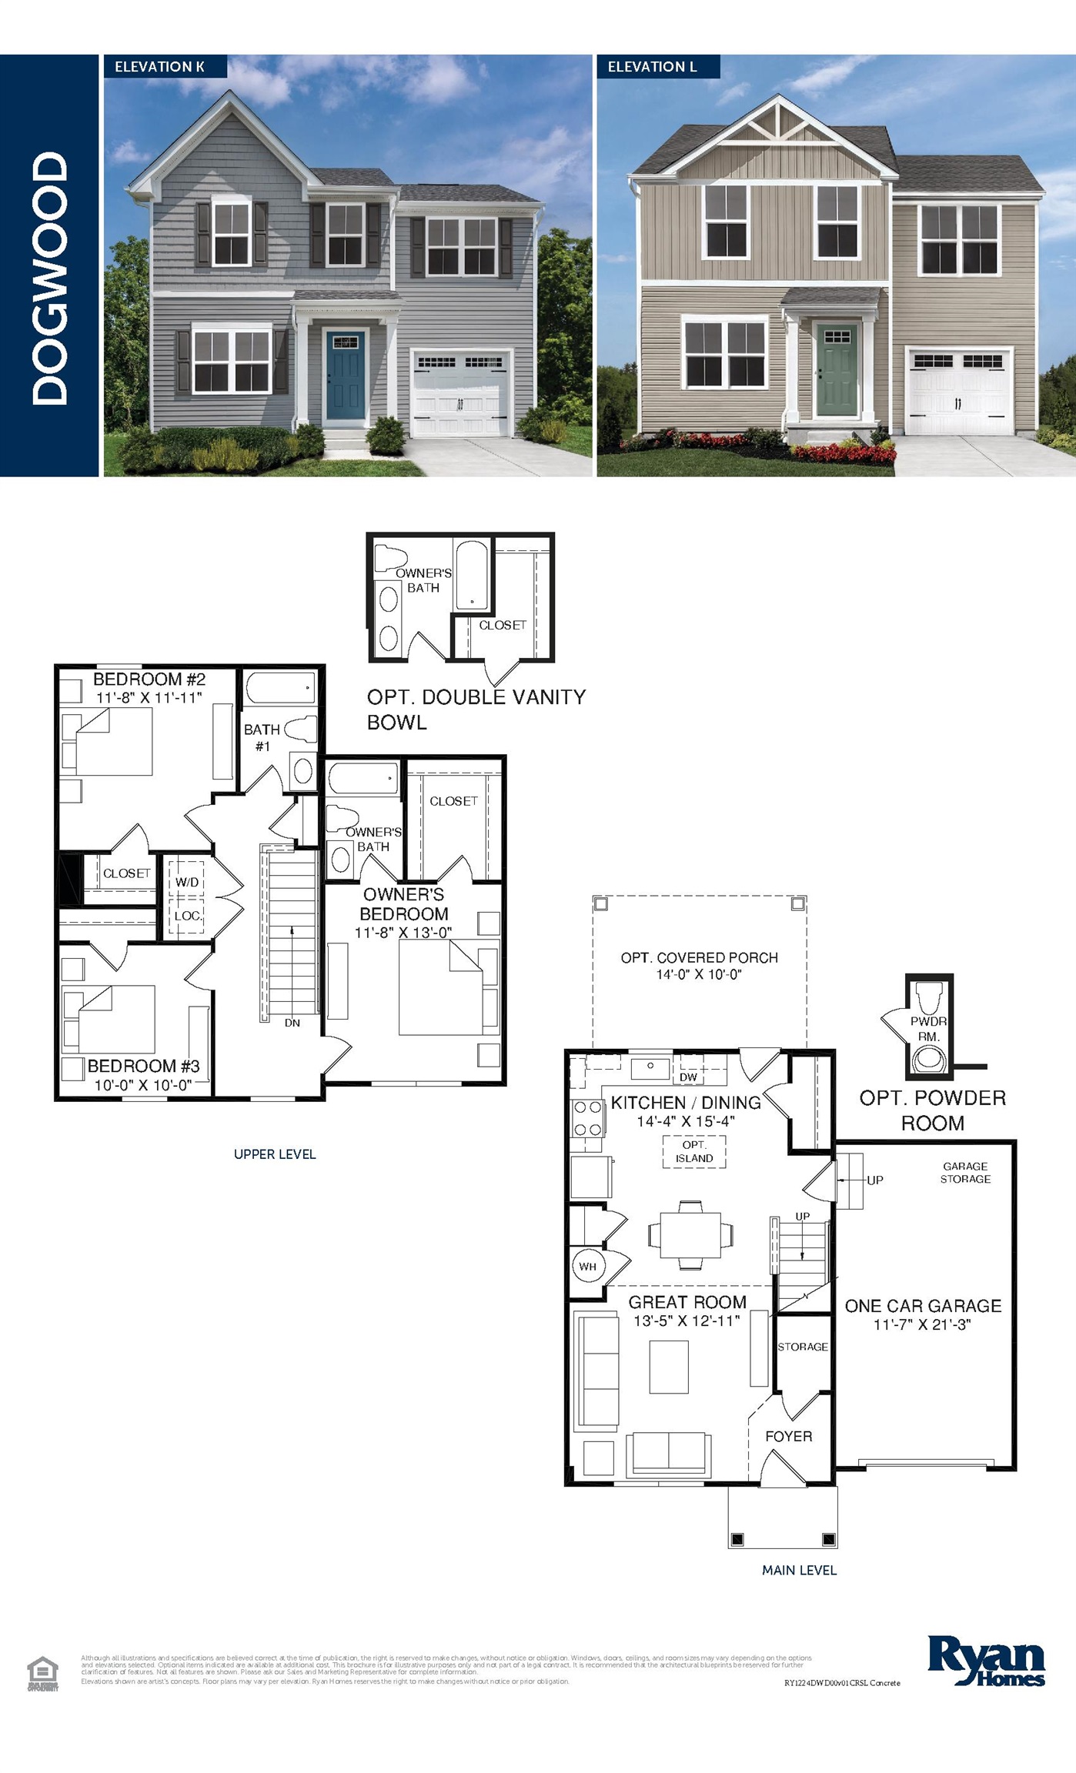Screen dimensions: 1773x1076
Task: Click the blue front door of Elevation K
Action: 345,378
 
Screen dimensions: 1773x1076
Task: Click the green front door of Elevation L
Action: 836,370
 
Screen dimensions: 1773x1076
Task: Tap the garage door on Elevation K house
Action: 461,394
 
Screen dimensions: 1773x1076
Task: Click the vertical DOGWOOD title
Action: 50,277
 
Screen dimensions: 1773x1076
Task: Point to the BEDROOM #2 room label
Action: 149,679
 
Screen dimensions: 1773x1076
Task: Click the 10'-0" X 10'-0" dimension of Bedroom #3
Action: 143,1085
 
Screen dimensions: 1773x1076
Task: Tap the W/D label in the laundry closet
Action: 187,882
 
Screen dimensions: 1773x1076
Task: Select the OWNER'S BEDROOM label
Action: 404,904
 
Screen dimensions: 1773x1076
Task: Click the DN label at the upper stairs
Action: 292,1023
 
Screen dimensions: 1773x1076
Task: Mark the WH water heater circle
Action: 588,1267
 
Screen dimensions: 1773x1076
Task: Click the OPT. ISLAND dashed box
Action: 694,1152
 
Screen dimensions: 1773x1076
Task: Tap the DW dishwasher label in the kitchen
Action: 688,1077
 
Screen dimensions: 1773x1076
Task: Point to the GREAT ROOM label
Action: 687,1302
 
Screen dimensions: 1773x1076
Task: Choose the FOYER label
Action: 788,1436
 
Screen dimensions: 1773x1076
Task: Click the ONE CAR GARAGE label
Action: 923,1306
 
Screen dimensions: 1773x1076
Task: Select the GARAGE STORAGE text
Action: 965,1172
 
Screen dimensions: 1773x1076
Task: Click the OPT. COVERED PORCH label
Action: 699,957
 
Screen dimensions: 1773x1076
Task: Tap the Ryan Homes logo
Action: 986,1661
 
